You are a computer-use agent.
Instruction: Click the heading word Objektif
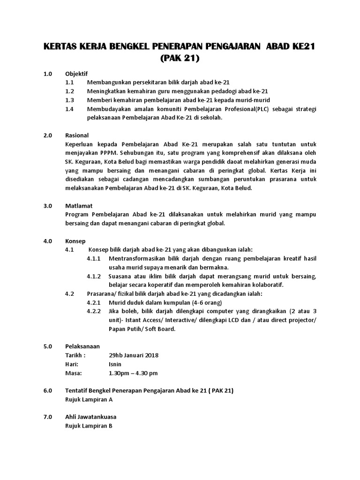tap(76, 74)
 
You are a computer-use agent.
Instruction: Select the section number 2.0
tap(47, 135)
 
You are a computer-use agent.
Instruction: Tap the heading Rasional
tap(77, 135)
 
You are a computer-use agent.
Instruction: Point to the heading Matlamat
tap(79, 206)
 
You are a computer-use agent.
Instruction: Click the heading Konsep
tap(75, 241)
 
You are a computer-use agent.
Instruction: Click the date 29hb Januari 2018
tap(133, 355)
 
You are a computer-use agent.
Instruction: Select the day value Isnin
tap(115, 364)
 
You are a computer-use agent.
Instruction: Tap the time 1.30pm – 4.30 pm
tap(133, 373)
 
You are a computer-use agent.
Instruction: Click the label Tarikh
tap(75, 355)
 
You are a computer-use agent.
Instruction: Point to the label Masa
tap(73, 373)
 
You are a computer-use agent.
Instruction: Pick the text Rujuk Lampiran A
tap(89, 399)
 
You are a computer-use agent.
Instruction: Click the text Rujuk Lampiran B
tap(89, 426)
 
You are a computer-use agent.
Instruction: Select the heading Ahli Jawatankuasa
tap(91, 417)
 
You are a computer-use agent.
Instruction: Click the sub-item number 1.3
tap(70, 100)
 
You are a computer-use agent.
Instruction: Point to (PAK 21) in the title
tap(180, 59)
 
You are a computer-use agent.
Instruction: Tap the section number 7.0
tap(47, 417)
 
